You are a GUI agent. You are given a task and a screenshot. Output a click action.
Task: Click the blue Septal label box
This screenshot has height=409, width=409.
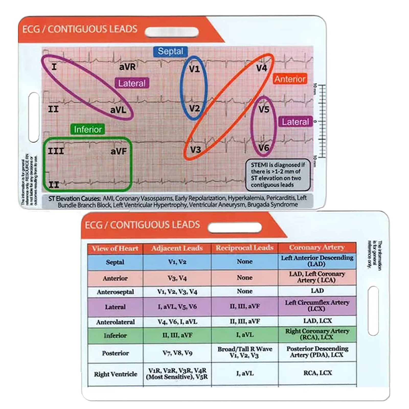tap(170, 51)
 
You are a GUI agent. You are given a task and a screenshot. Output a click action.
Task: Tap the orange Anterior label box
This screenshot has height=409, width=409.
tap(290, 79)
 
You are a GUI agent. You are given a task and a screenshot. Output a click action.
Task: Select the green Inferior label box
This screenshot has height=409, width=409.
tap(88, 129)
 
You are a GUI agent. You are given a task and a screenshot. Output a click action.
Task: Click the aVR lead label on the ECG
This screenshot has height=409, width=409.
tap(127, 67)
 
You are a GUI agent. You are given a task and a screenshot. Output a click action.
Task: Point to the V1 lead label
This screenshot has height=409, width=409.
tap(194, 69)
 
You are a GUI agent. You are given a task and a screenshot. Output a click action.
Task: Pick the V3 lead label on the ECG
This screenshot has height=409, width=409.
tap(196, 150)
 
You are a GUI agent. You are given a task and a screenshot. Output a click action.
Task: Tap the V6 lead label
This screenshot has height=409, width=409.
tap(264, 148)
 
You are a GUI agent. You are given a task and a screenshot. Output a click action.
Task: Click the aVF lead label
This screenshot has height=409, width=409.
tap(119, 151)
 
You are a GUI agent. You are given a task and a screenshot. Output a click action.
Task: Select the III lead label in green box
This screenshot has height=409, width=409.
tap(56, 151)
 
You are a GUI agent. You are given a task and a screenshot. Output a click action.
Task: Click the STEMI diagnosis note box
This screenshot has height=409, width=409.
tap(278, 175)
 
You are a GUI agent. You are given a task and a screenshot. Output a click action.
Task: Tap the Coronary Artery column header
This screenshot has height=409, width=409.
tap(317, 248)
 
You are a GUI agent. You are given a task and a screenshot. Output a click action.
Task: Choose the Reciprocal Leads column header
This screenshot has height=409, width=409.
tap(245, 248)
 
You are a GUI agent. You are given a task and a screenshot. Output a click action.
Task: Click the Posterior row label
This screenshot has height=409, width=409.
tap(115, 353)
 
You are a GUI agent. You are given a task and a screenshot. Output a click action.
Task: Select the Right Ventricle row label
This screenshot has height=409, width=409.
tap(116, 374)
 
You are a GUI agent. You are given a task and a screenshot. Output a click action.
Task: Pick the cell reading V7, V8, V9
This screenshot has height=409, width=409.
tap(177, 353)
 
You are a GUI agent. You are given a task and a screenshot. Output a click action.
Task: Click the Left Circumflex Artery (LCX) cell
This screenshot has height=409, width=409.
tap(317, 306)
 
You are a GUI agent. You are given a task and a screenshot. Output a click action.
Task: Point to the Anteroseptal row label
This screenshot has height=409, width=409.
tap(115, 292)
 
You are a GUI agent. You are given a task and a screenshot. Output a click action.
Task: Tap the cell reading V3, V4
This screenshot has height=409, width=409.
tap(177, 278)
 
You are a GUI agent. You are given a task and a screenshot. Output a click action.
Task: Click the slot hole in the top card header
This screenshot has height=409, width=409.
tap(172, 32)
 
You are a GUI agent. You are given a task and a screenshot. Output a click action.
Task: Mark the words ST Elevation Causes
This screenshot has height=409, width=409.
tap(74, 199)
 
